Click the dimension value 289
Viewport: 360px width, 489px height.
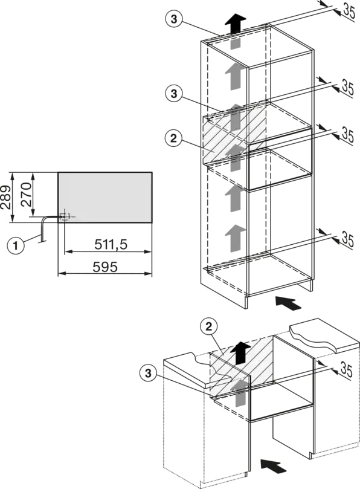(x=5, y=198)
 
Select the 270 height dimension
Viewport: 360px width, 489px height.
(x=26, y=195)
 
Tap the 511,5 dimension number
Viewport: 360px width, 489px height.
(x=111, y=245)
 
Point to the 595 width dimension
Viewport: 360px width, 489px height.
(x=105, y=267)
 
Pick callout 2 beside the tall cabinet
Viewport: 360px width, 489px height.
(x=173, y=138)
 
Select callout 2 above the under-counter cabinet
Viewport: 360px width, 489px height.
(x=208, y=326)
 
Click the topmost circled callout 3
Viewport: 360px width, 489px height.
(x=173, y=19)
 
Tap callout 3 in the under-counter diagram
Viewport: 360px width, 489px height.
(x=148, y=373)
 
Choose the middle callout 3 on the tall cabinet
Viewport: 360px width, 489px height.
(x=173, y=93)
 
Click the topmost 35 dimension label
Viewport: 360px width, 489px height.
(x=348, y=11)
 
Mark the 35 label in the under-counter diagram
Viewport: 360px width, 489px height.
(x=346, y=370)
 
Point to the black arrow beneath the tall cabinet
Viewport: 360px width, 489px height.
(x=289, y=303)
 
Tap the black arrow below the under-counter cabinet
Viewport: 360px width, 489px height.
(x=274, y=467)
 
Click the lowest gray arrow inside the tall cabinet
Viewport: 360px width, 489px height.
(x=236, y=239)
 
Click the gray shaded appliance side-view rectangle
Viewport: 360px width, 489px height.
(x=105, y=197)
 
